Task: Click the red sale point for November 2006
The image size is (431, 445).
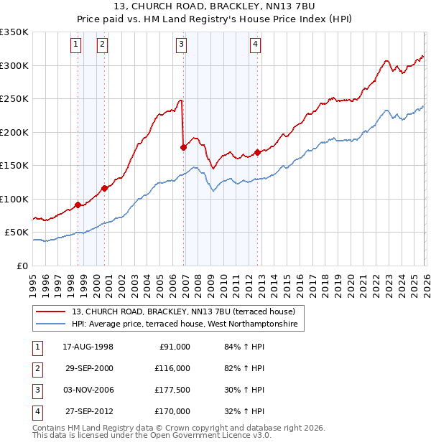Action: coord(183,147)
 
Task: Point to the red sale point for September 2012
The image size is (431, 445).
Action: coord(257,152)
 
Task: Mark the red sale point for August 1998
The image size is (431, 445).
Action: coord(78,205)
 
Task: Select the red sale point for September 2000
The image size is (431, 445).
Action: coord(105,188)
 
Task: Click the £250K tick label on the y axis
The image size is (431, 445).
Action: coord(14,99)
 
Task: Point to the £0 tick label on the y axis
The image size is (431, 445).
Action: coord(22,266)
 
